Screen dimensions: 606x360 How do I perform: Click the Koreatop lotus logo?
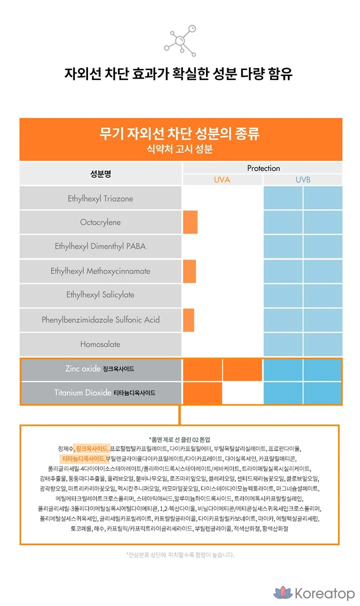[282, 593]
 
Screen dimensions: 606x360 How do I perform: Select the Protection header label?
[263, 168]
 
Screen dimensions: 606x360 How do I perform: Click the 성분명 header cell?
[100, 174]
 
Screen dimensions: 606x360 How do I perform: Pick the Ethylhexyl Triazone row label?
[100, 198]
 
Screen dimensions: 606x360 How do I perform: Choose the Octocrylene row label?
[100, 222]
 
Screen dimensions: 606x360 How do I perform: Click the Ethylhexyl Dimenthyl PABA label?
[100, 246]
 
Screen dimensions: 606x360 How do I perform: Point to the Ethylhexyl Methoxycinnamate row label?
[100, 271]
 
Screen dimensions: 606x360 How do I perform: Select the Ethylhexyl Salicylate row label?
[100, 295]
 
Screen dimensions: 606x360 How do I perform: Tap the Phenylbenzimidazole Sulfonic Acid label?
[100, 319]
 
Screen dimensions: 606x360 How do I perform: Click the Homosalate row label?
[100, 344]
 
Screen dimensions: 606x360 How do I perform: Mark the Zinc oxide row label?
[100, 369]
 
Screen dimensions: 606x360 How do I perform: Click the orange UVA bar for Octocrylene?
[190, 222]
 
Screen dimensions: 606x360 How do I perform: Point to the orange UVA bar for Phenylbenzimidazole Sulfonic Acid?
[188, 320]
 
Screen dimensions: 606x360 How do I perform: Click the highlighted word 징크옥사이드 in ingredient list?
[91, 448]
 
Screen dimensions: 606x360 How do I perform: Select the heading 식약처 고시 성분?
[180, 149]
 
